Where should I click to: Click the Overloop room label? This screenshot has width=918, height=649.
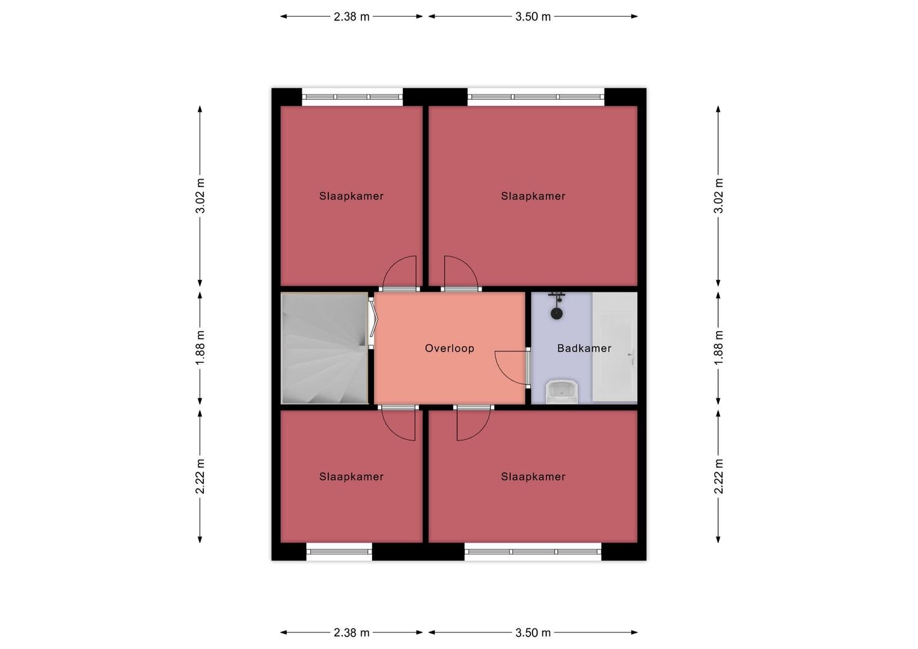click(x=449, y=349)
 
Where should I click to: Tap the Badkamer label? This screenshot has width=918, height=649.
click(x=584, y=349)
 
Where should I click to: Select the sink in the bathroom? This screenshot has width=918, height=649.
click(x=562, y=391)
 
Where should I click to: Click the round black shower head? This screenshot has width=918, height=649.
click(x=557, y=314)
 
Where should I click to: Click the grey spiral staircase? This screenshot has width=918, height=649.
click(x=324, y=349)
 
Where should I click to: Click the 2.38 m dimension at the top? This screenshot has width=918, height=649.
click(x=351, y=17)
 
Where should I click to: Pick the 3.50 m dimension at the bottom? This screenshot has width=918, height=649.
click(x=533, y=633)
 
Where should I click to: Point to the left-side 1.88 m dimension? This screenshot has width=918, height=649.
click(x=200, y=349)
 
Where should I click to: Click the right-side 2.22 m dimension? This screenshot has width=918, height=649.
click(x=718, y=477)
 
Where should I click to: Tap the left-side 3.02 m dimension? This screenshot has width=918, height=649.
click(x=200, y=197)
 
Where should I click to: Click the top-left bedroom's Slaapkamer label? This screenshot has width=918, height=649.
click(x=351, y=197)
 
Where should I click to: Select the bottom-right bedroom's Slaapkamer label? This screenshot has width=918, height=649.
click(x=533, y=477)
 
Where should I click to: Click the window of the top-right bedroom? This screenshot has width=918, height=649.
click(x=536, y=97)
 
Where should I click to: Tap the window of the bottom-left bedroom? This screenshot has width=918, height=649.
click(x=339, y=552)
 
